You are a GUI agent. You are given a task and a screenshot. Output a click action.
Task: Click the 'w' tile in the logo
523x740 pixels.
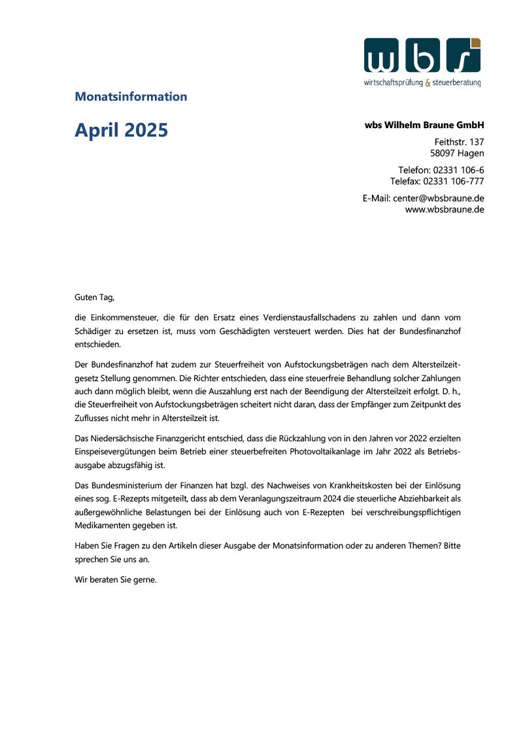382,56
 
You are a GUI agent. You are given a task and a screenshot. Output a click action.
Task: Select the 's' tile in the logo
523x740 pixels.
464,56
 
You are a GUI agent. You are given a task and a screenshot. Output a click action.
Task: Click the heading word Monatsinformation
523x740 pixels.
131,97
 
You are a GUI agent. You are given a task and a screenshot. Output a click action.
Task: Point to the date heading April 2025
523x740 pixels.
121,130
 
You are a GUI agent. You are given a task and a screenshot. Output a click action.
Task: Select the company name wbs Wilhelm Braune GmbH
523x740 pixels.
424,125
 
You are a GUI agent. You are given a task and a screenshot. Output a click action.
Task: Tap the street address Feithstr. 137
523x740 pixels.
459,142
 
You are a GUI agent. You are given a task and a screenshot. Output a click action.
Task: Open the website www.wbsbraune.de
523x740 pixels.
445,210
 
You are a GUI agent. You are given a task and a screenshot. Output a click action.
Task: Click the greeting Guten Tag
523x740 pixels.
94,297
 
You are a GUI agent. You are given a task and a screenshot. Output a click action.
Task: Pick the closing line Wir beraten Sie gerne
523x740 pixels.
116,579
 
